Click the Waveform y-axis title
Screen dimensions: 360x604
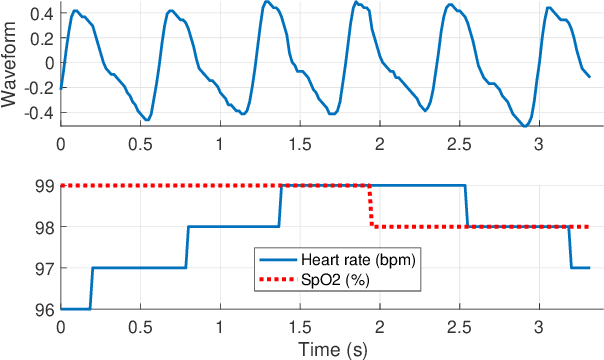pyautogui.click(x=11, y=63)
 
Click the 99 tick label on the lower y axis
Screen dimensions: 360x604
pyautogui.click(x=44, y=185)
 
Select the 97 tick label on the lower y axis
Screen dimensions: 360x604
pyautogui.click(x=44, y=268)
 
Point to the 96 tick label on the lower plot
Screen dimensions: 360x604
pyautogui.click(x=44, y=309)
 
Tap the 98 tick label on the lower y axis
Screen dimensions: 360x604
pyautogui.click(x=44, y=227)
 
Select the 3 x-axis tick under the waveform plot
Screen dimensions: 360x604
pyautogui.click(x=538, y=144)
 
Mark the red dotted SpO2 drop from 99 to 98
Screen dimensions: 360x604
pyautogui.click(x=371, y=206)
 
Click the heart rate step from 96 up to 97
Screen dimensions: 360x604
pyautogui.click(x=91, y=288)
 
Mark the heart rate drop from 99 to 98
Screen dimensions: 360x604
pyautogui.click(x=467, y=206)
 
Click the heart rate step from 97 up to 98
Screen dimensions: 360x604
pyautogui.click(x=186, y=247)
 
